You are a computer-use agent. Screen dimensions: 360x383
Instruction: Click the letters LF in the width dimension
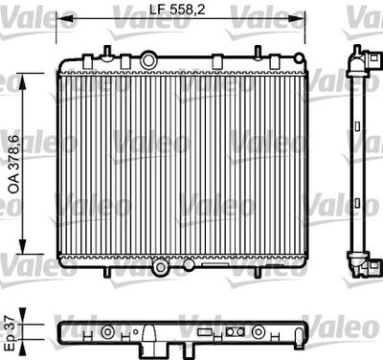pos(155,11)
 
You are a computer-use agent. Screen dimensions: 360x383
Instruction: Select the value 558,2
pos(184,11)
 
